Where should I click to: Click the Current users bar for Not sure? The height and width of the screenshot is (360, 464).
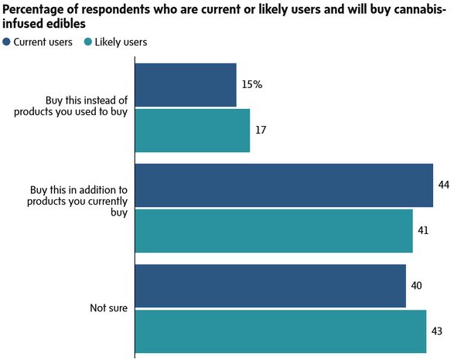pos(271,286)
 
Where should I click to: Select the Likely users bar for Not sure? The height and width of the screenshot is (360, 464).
pos(281,331)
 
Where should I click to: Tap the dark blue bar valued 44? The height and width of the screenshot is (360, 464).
pos(284,185)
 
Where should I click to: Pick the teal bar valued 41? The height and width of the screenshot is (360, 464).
pos(274,230)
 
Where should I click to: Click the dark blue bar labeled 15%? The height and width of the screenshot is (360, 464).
pos(186,85)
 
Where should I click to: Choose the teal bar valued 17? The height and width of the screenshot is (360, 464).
pos(193,130)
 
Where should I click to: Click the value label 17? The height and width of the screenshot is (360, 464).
pos(261,130)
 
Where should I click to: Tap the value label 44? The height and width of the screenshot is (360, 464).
pos(443,185)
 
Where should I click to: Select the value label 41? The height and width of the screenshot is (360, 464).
pos(423,230)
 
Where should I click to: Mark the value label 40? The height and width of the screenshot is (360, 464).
pos(416,286)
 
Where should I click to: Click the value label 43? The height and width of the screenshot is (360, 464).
pos(437,331)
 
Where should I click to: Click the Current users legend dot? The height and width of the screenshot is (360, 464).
pos(7,42)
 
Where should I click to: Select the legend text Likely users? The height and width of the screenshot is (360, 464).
pos(120,42)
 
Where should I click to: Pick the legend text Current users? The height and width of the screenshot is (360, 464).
pos(43,42)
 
